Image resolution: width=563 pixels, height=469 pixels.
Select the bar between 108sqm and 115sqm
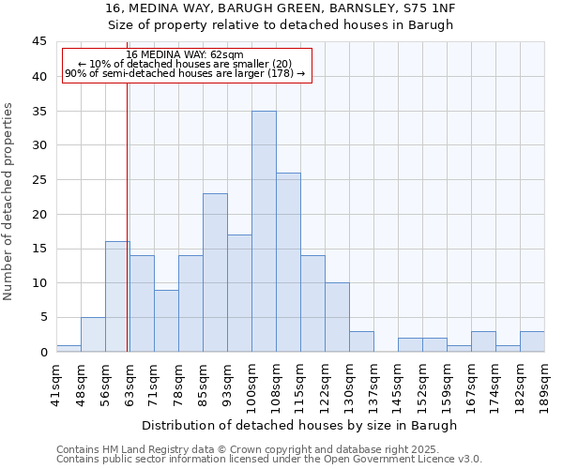click(288, 262)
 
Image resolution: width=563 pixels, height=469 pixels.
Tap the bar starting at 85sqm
click(215, 272)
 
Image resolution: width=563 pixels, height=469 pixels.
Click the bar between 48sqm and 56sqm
click(93, 334)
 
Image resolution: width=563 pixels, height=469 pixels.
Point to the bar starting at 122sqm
click(337, 317)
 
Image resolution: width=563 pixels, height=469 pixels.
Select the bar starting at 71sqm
click(166, 321)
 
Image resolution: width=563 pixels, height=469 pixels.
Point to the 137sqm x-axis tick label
click(373, 383)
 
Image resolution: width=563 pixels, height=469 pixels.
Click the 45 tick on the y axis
click(38, 42)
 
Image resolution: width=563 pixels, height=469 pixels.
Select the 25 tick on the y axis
click(38, 180)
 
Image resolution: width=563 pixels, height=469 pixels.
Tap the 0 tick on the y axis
click(42, 352)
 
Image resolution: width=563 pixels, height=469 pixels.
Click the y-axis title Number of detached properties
click(9, 202)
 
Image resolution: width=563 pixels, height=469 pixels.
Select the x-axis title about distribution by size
click(300, 425)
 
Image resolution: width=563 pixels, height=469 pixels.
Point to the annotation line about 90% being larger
click(185, 73)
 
